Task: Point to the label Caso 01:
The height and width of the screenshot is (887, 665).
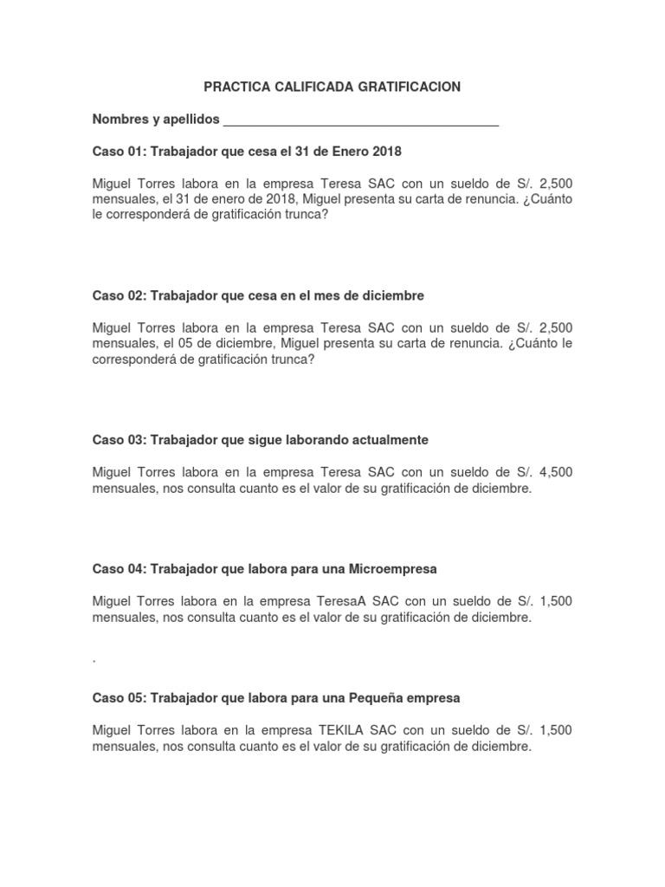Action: [x=119, y=152]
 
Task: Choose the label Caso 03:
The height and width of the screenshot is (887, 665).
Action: [x=119, y=440]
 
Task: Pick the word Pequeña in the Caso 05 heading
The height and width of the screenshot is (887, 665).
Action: [x=378, y=697]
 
